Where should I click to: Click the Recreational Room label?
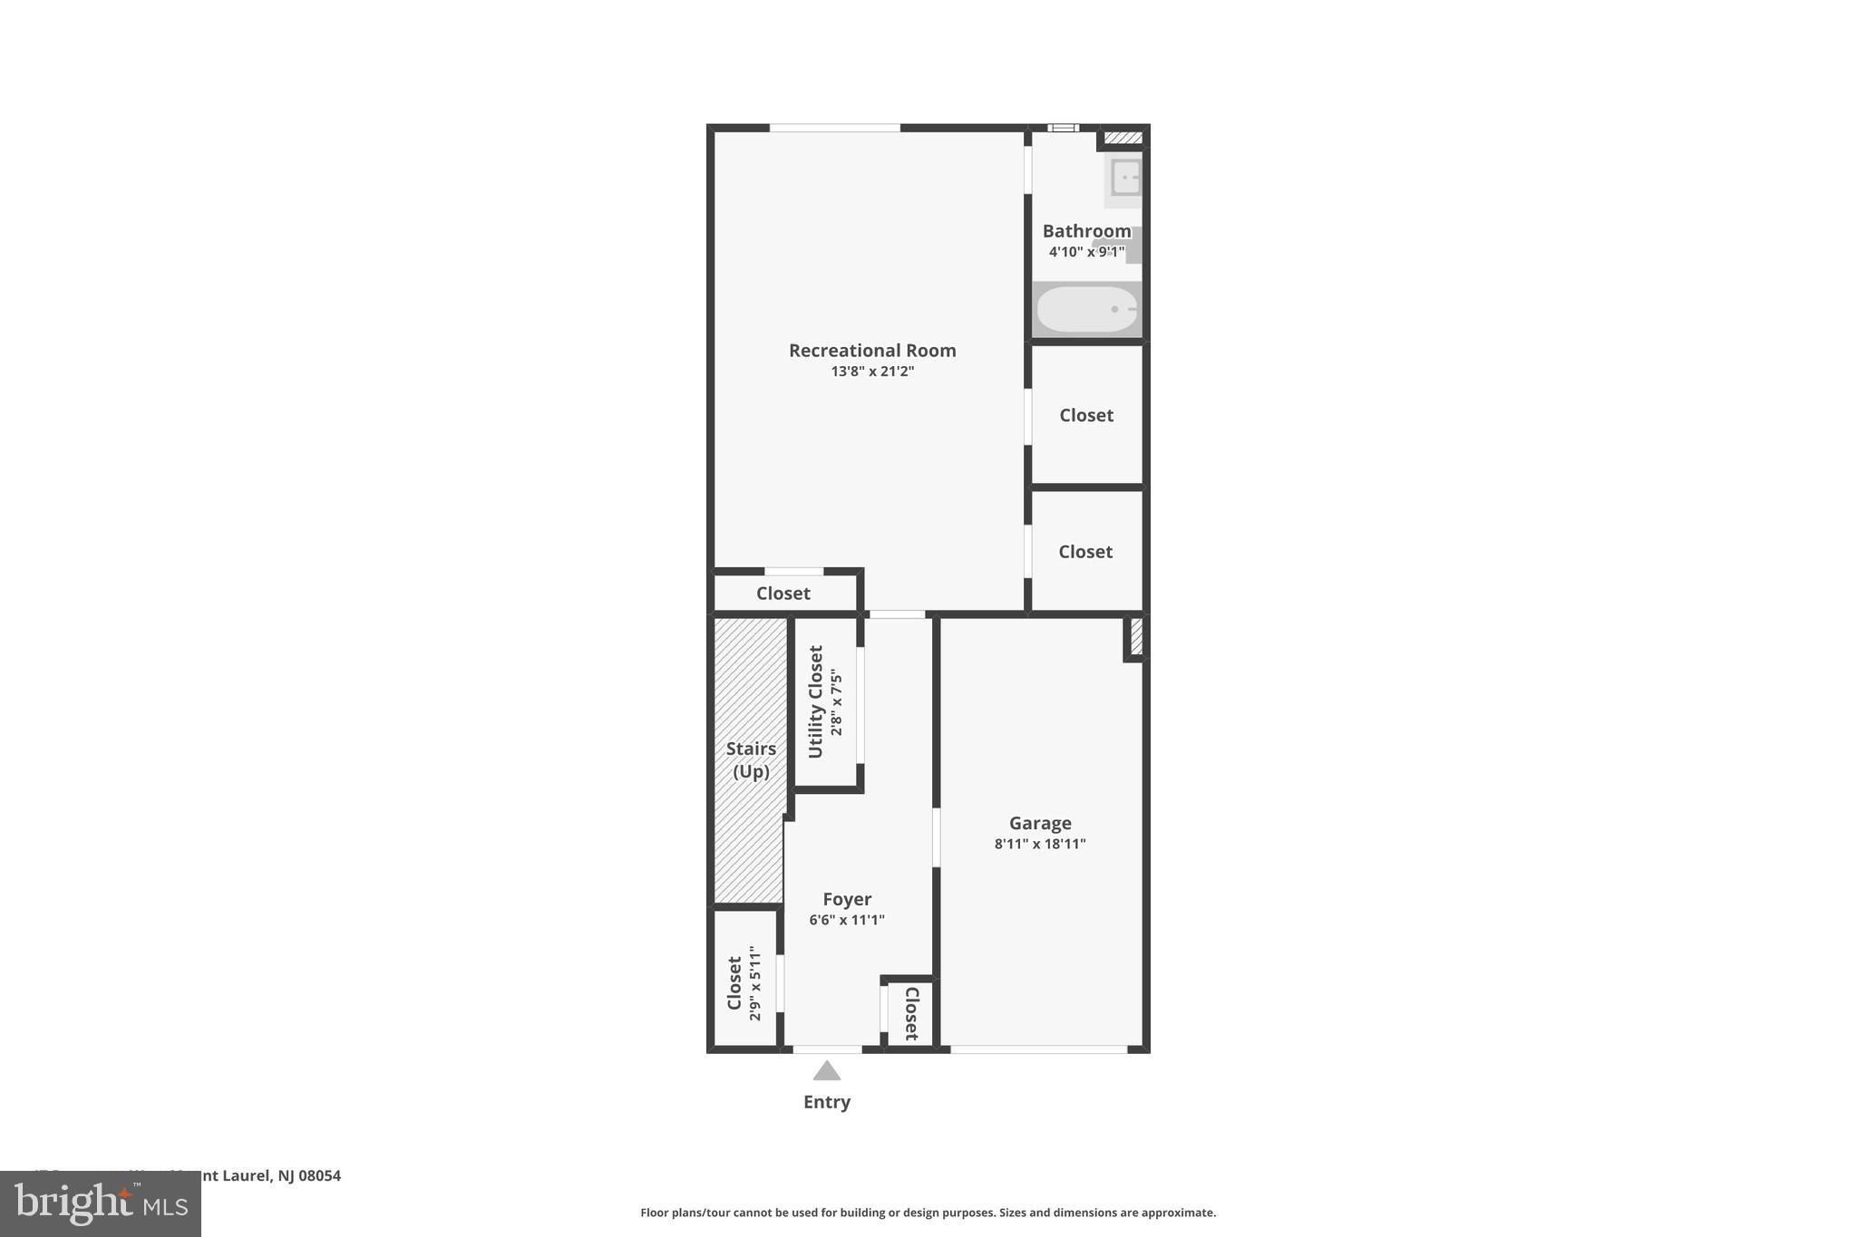coord(871,351)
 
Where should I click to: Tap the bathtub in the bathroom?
coord(1086,310)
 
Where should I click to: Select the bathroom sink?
coord(1125,178)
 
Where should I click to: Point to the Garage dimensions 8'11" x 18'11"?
coord(1039,844)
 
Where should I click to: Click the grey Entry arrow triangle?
coord(826,1071)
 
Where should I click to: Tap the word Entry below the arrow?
coord(826,1102)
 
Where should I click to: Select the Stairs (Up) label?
coord(751,759)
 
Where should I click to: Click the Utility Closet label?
coord(815,701)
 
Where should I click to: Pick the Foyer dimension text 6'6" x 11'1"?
coord(846,920)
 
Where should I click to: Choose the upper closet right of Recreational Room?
coord(1086,415)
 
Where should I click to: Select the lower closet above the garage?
coord(1085,552)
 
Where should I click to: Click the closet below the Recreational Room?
coord(783,594)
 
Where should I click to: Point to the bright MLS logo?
coord(100,1203)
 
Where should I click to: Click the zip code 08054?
coord(319,1175)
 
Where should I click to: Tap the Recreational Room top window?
coord(834,128)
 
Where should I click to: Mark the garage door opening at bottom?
coord(1038,1049)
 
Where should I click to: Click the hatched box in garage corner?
coord(1136,636)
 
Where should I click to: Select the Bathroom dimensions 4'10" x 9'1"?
coord(1086,252)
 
